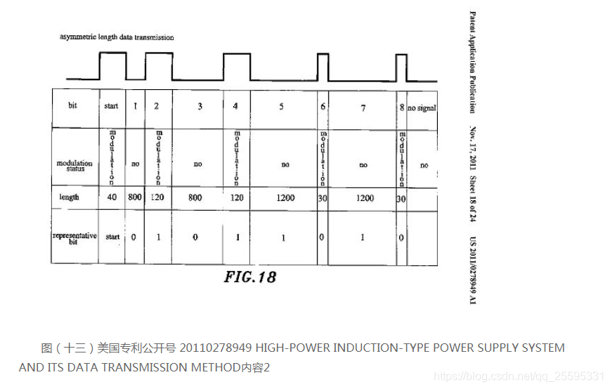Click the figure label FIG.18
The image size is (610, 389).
click(x=250, y=277)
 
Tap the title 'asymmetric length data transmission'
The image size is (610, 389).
click(x=117, y=37)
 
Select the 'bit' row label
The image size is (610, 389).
click(x=72, y=105)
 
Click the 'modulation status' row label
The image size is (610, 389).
click(x=74, y=165)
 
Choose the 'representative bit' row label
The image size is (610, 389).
click(x=74, y=237)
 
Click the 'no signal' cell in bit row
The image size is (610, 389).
click(x=422, y=107)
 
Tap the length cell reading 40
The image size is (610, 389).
click(x=112, y=198)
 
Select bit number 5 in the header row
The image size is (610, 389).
click(x=282, y=107)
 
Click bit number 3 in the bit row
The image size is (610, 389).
click(x=200, y=106)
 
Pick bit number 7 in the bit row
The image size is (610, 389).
click(x=363, y=107)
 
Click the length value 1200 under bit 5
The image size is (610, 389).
click(x=285, y=198)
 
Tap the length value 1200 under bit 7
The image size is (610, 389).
click(x=364, y=198)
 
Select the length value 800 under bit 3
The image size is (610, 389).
click(x=195, y=198)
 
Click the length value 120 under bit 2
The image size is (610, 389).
click(x=157, y=198)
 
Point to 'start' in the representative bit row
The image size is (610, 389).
click(x=112, y=237)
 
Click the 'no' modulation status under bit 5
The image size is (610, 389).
click(x=285, y=165)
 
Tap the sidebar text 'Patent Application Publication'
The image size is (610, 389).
click(x=472, y=61)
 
